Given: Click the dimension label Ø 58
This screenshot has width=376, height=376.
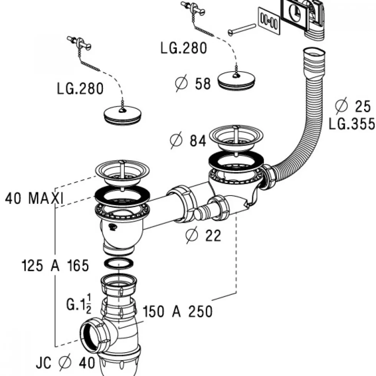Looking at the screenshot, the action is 193,83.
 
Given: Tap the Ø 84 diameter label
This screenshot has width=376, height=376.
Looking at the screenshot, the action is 188,141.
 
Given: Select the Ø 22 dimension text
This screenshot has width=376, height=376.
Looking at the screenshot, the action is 203,235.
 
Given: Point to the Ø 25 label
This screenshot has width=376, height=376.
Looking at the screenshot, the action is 353,106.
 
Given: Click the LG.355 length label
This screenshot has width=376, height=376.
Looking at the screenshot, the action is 352,124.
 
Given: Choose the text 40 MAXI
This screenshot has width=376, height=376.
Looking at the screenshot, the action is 34,199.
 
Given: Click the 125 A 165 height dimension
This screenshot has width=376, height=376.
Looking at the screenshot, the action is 55,266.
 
